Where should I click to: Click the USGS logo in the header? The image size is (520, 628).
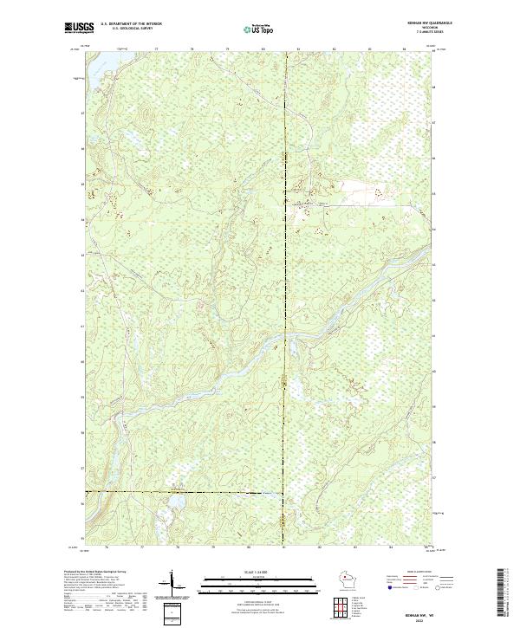79,28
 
